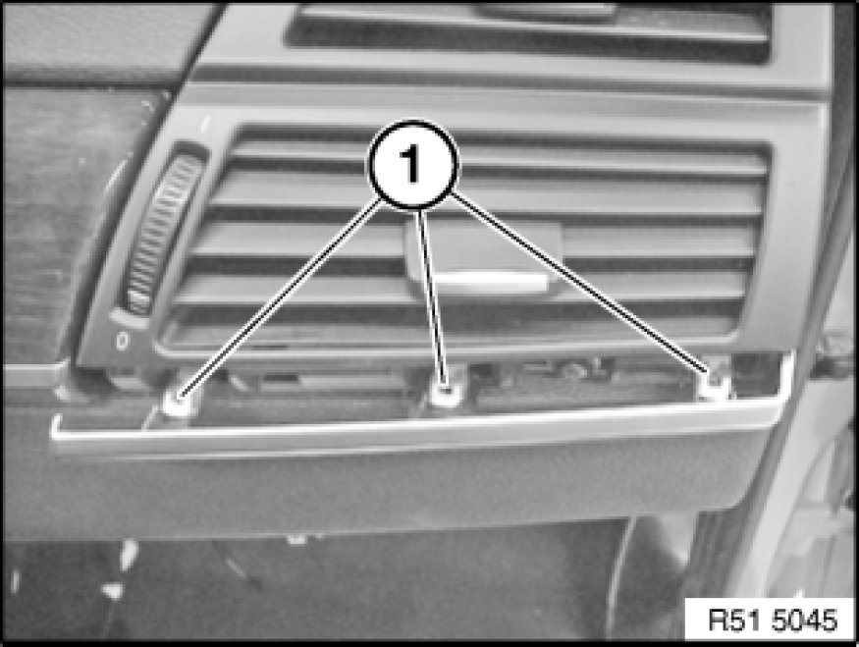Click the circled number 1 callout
[x=412, y=164]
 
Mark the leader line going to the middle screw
[x=433, y=297]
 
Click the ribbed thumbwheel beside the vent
[x=162, y=233]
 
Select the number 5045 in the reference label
[x=805, y=620]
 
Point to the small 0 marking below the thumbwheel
[x=122, y=342]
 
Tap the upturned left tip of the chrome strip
[x=55, y=423]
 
